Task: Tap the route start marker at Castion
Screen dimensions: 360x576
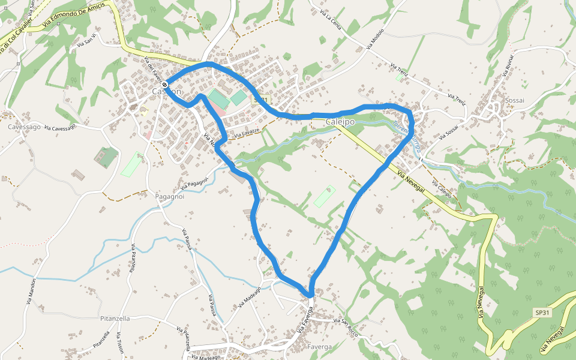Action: [165, 85]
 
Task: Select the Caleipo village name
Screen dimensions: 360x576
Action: [340, 122]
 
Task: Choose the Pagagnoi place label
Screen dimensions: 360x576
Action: [169, 197]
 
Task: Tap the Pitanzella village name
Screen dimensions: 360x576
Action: [116, 318]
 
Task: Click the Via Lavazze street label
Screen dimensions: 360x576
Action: [247, 133]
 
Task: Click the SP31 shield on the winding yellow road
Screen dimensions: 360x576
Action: [542, 313]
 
